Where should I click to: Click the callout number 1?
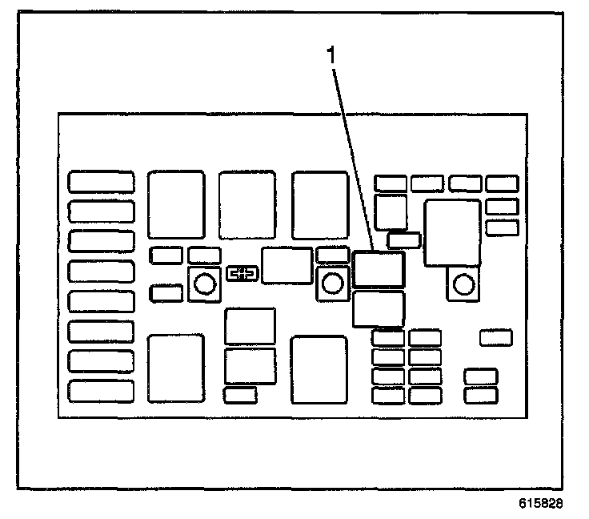[x=328, y=57]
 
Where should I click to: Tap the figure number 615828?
[x=542, y=505]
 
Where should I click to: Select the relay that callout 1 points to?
[x=379, y=269]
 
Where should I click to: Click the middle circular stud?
[x=331, y=283]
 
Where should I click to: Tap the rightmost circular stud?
[x=462, y=283]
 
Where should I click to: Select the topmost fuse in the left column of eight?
[x=101, y=181]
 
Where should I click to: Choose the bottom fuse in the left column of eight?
[x=101, y=391]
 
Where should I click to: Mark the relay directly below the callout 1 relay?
[x=379, y=309]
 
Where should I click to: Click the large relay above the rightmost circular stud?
[x=452, y=232]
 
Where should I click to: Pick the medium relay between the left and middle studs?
[x=286, y=266]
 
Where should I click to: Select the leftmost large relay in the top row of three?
[x=176, y=204]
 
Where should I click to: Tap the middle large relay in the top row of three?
[x=247, y=204]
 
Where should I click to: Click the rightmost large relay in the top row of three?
[x=319, y=204]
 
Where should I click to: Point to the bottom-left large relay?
[x=176, y=368]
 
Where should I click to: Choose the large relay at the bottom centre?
[x=319, y=368]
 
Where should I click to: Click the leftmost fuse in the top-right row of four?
[x=391, y=183]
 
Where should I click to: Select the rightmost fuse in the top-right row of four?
[x=502, y=183]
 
